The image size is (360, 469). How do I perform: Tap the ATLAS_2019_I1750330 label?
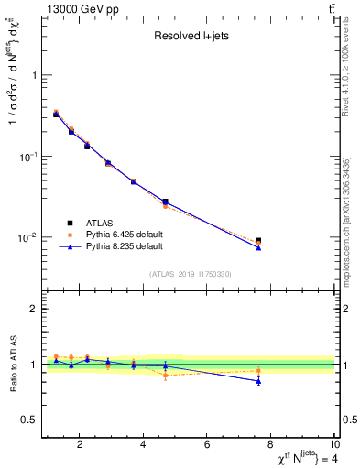coord(190,274)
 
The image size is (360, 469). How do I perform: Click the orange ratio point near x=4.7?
coord(165,376)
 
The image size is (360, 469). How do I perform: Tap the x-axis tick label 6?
coord(207,446)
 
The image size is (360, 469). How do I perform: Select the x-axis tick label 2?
coord(81,446)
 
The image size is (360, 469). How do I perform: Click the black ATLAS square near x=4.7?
coord(165,202)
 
